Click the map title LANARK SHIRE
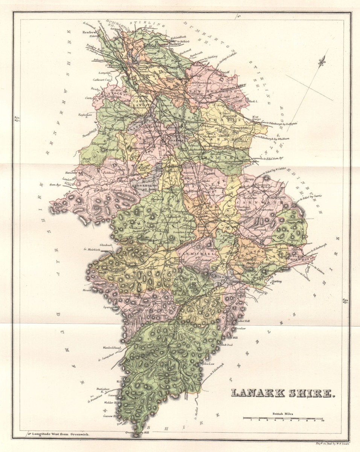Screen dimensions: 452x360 (282, 393)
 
